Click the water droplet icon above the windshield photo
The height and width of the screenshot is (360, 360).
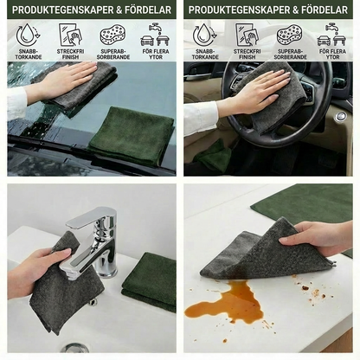coord(28,35)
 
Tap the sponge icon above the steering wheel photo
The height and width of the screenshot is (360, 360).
coord(290,35)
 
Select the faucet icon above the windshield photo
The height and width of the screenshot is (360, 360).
coord(155,35)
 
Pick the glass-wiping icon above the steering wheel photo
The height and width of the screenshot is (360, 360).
coord(246,35)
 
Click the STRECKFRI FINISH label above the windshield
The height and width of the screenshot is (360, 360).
coord(70,55)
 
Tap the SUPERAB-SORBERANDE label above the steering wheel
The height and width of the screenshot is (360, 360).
coord(290,55)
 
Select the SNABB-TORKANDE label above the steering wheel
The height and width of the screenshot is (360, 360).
coord(205,55)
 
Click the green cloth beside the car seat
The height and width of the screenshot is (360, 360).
coord(213,155)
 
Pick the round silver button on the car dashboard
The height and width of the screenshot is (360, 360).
coord(341,116)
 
